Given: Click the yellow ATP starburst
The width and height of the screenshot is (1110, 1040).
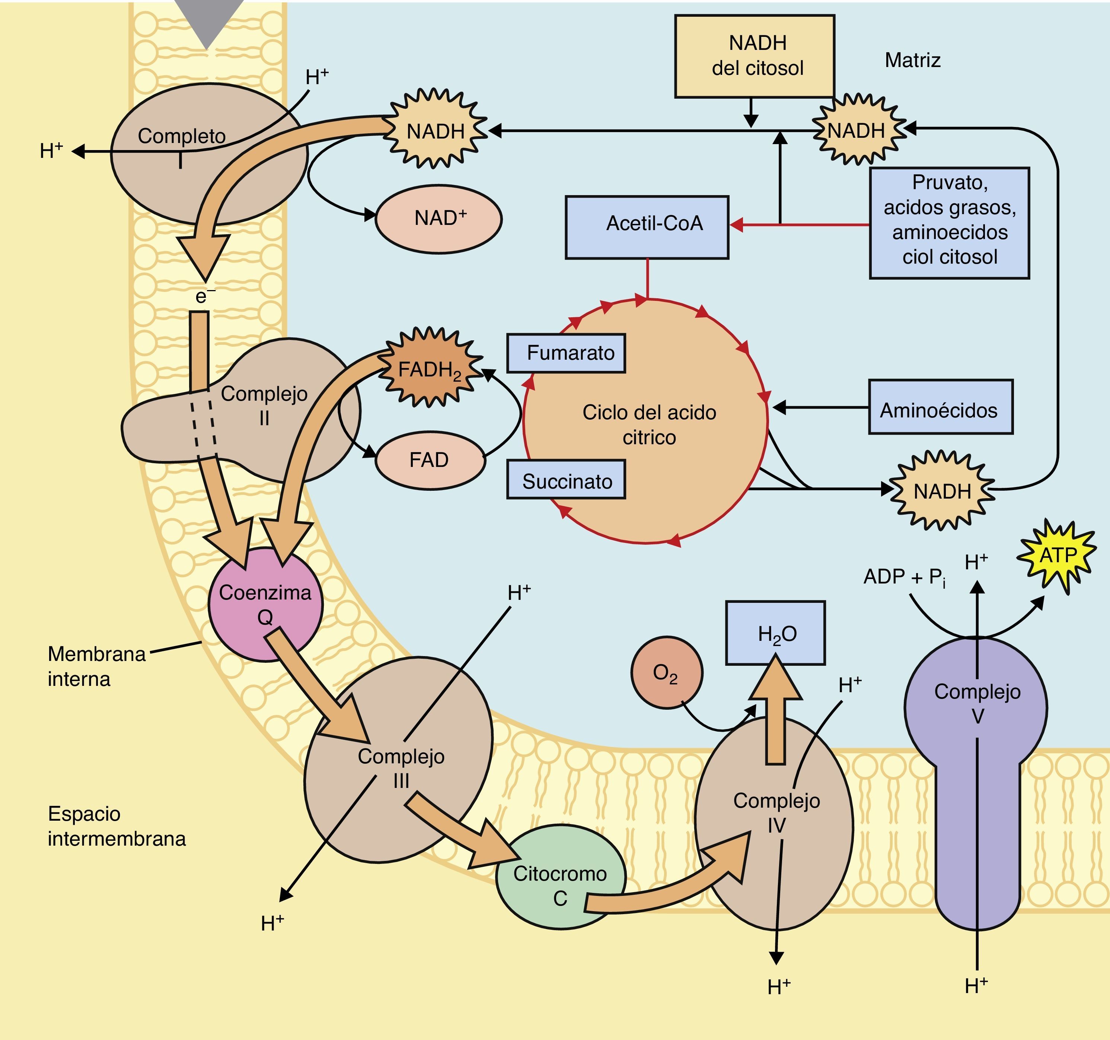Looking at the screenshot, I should pos(1057,555).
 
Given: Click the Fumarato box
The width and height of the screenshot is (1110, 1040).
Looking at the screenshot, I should pos(566,353).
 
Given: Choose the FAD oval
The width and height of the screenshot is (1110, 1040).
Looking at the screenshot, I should pos(430,460).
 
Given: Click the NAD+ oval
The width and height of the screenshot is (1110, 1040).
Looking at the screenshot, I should pos(439,218).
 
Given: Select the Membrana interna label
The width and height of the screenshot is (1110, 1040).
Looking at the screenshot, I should pos(96,666).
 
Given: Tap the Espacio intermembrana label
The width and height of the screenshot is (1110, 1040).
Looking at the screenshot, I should pos(116,826).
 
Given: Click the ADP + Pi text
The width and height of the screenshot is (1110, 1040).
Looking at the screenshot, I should pos(905,577).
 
